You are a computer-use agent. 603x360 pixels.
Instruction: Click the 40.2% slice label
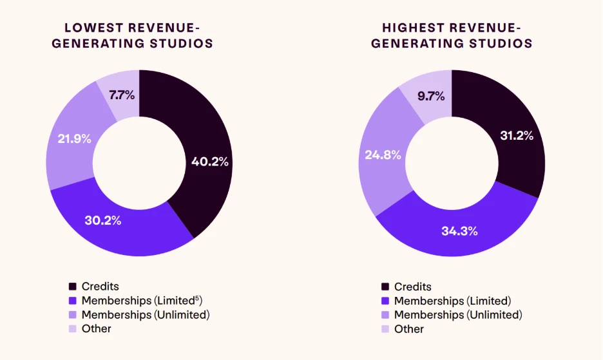210,162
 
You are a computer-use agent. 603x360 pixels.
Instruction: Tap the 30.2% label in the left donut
103,220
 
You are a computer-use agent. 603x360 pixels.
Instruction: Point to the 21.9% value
73,138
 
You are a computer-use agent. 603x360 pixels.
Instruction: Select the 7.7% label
122,95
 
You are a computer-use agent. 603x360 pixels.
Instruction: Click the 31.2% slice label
517,135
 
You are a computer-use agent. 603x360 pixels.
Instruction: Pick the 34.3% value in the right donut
460,230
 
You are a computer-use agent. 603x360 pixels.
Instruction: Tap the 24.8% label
384,155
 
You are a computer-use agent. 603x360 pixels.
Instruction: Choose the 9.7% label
431,97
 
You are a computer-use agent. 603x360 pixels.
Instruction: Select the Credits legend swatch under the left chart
73,287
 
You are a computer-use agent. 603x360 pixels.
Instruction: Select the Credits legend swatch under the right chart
385,287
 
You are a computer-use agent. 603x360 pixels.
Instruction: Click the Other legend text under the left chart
96,328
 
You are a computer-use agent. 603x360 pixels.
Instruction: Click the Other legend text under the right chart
409,329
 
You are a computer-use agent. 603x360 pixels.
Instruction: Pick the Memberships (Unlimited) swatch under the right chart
385,316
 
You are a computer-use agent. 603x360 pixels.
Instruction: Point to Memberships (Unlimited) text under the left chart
146,315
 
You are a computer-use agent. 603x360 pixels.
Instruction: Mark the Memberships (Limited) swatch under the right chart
385,301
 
